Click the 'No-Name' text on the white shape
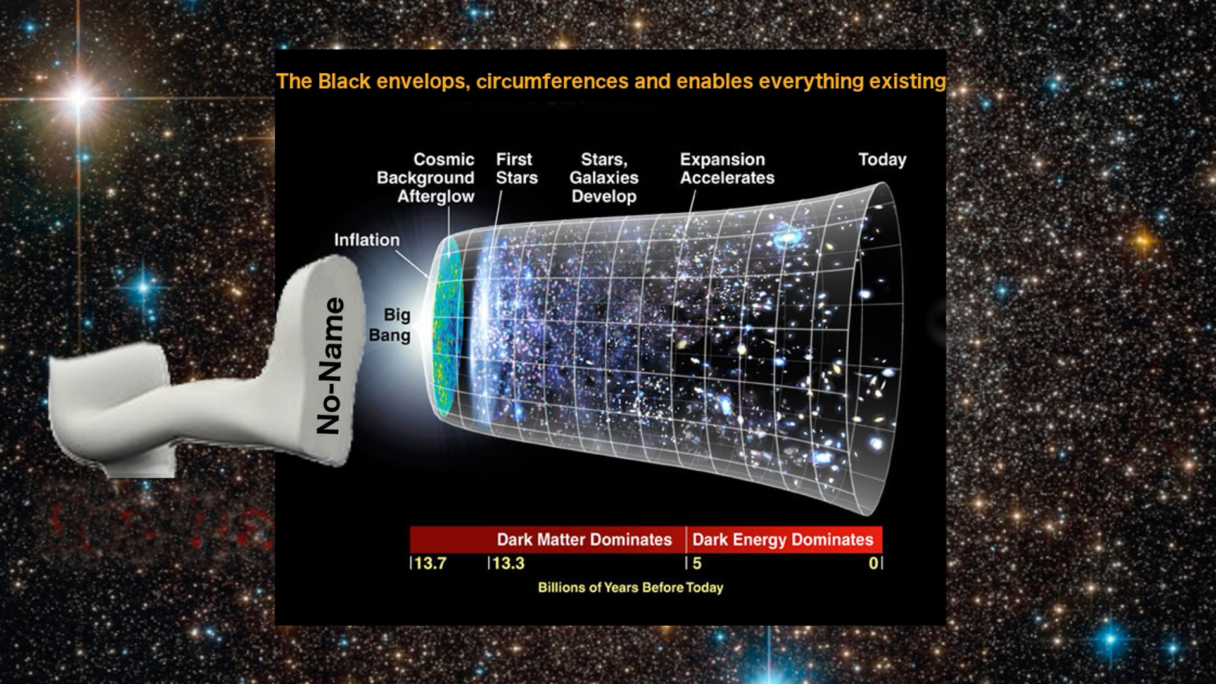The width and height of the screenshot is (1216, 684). pos(330,366)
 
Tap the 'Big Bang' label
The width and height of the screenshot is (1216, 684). pos(390,325)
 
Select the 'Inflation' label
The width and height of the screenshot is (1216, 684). pos(367,240)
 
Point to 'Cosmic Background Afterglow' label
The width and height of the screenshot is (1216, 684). pos(426,178)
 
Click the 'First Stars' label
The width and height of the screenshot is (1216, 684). pos(516,168)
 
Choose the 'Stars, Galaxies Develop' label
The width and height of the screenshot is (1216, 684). pos(604,178)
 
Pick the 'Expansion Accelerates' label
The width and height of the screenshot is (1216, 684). pos(727,168)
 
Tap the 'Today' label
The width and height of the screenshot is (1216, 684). pos(882,160)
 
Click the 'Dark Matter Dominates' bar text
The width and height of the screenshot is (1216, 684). pos(584,540)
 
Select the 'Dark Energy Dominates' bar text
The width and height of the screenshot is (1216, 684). pos(783,540)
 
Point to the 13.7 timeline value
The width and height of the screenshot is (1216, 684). pos(430,563)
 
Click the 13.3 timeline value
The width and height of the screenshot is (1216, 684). pos(508,563)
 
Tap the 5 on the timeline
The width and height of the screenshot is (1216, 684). pos(697,563)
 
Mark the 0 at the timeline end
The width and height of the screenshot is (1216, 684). pos(873,563)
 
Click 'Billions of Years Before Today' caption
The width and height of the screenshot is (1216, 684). pos(630,588)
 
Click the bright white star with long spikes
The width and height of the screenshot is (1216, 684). pos(79,98)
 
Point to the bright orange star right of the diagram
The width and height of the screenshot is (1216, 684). pos(1143,240)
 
